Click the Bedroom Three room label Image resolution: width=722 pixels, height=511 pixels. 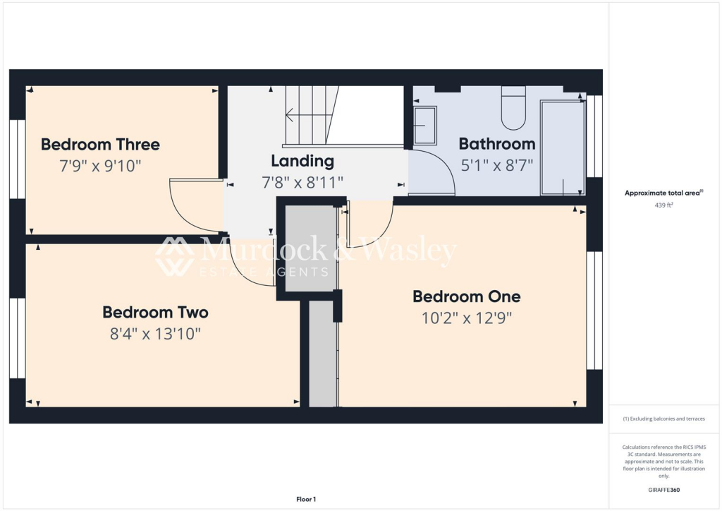(100, 145)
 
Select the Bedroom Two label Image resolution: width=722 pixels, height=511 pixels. (155, 312)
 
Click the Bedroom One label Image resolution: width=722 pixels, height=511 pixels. (467, 296)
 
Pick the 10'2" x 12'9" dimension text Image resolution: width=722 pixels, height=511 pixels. (466, 318)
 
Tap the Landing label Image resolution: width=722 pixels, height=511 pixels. (302, 161)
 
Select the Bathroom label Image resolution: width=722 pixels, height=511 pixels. (496, 144)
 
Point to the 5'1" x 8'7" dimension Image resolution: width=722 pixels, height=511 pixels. (496, 166)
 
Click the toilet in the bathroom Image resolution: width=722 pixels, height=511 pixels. (513, 109)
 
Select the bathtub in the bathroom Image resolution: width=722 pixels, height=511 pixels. (562, 147)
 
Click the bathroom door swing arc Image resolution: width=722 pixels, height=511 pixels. (439, 169)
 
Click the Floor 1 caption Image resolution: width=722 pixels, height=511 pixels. (307, 499)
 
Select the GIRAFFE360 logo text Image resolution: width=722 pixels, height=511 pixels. (664, 489)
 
